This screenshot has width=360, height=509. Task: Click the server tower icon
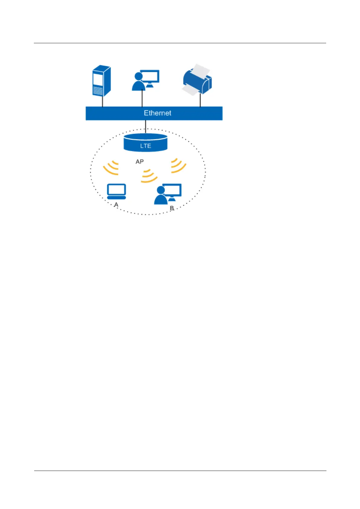coord(101,81)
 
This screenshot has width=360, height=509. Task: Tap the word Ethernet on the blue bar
coord(157,113)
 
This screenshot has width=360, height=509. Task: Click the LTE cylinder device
coord(145,143)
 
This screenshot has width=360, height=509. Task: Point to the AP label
coord(139,162)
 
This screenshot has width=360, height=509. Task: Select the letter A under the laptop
coord(116,205)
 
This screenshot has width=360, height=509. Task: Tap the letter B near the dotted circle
coord(172,208)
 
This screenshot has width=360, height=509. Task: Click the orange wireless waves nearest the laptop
coord(111,168)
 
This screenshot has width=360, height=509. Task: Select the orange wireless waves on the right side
coord(178,166)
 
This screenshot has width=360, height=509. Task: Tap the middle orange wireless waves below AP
coord(149,176)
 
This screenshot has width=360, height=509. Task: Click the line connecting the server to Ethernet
coord(102,102)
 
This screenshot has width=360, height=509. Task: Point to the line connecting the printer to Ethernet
coord(200,100)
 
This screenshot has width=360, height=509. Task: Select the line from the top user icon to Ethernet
coord(142,99)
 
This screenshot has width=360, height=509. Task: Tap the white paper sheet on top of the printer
coord(201,70)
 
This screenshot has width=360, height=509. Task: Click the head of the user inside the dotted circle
coord(161,190)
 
